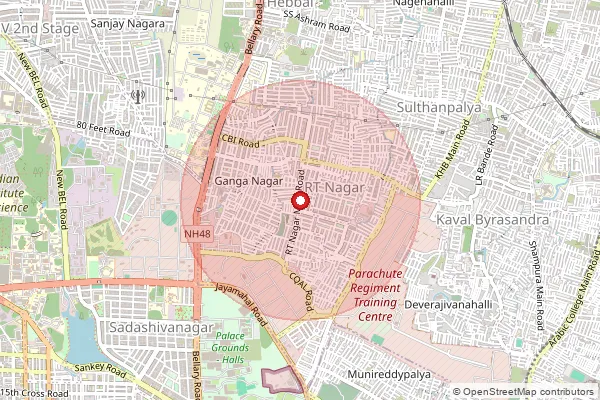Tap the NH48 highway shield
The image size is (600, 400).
tap(198, 234)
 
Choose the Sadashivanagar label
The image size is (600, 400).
tap(149, 327)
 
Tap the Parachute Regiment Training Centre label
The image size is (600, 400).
tap(374, 295)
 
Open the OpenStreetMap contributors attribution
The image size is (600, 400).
tap(529, 392)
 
